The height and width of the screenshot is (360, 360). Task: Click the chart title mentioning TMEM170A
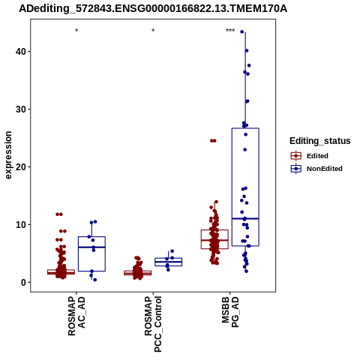pyautogui.click(x=153, y=9)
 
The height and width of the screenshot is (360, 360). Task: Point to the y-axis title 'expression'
pyautogui.click(x=8, y=155)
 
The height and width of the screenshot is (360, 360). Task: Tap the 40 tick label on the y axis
pyautogui.click(x=21, y=52)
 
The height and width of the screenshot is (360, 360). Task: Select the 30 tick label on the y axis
pyautogui.click(x=21, y=109)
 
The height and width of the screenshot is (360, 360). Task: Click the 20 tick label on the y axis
pyautogui.click(x=21, y=167)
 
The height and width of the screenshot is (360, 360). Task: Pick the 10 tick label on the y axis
pyautogui.click(x=21, y=224)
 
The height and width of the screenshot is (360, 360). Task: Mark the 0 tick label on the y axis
pyautogui.click(x=23, y=282)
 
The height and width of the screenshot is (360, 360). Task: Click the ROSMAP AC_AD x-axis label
pyautogui.click(x=76, y=316)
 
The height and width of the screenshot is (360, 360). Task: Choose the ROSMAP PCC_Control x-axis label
pyautogui.click(x=153, y=324)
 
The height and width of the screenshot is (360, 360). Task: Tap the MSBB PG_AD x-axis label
pyautogui.click(x=230, y=312)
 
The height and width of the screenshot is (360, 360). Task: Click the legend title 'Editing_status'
pyautogui.click(x=320, y=141)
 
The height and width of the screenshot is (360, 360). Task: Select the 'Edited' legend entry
pyautogui.click(x=310, y=156)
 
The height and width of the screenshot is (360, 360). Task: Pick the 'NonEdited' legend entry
pyautogui.click(x=316, y=169)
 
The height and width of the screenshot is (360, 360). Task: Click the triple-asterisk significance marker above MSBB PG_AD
pyautogui.click(x=230, y=31)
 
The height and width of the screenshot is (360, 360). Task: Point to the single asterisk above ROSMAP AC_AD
pyautogui.click(x=76, y=31)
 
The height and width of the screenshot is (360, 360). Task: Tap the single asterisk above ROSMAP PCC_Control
pyautogui.click(x=153, y=31)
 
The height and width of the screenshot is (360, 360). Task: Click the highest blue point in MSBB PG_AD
pyautogui.click(x=242, y=31)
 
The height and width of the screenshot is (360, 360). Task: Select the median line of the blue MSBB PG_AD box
pyautogui.click(x=245, y=219)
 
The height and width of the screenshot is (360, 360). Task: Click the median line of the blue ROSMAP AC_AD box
pyautogui.click(x=91, y=247)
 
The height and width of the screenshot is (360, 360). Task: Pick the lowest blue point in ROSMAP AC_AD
pyautogui.click(x=94, y=280)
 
